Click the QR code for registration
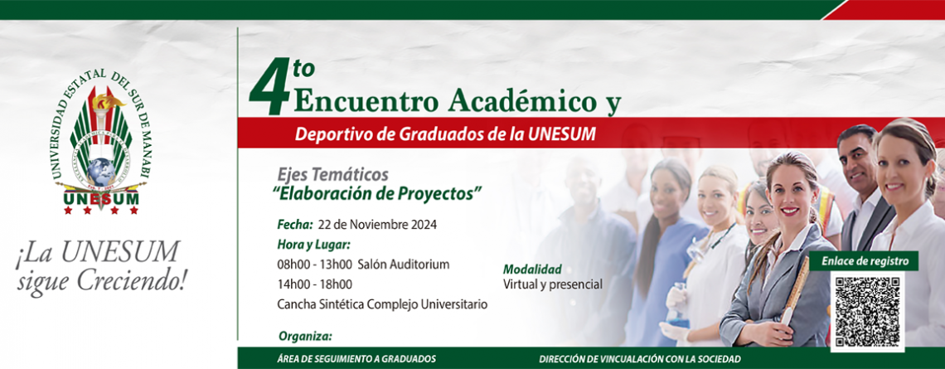[867, 312]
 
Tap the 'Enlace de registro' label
[865, 262]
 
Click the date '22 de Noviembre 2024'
[376, 225]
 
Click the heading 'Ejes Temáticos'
[332, 175]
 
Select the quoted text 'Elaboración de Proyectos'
[379, 193]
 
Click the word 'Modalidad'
[532, 269]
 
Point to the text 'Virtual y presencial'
[553, 284]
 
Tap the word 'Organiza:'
[305, 336]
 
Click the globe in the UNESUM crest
[100, 172]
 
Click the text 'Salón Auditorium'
[403, 265]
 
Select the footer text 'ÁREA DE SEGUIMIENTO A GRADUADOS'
[352, 359]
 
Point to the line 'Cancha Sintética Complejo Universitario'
[382, 304]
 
